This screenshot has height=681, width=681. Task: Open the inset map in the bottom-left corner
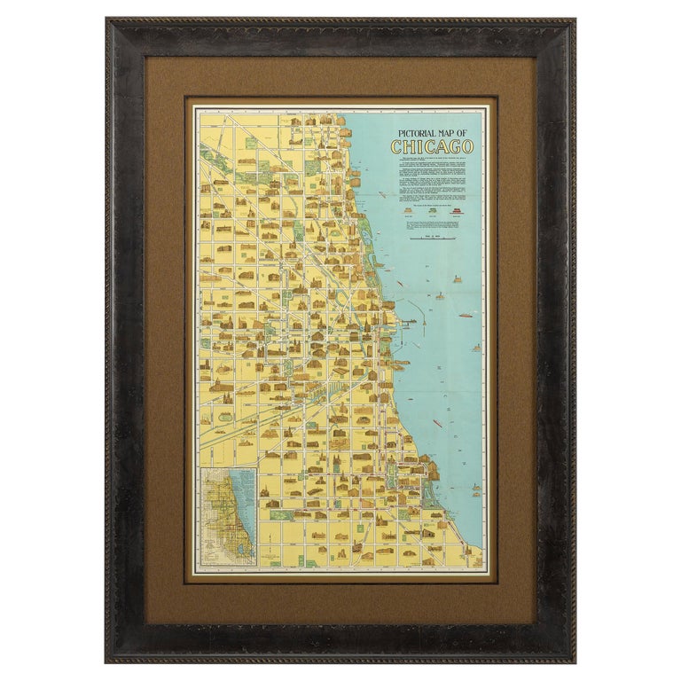(227, 517)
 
